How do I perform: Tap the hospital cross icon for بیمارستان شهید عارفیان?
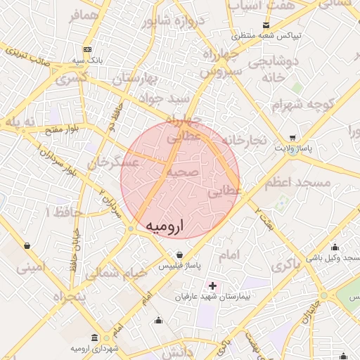(x=212, y=285)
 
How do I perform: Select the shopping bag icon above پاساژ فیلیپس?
(x=181, y=255)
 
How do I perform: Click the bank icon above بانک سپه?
(x=87, y=50)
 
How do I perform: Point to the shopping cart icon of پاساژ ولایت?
(x=292, y=138)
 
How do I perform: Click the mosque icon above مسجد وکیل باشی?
(x=334, y=247)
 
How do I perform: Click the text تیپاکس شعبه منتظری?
(x=268, y=34)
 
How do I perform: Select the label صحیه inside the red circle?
(x=184, y=172)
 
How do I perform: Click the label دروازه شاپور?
(x=174, y=21)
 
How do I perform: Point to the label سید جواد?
(x=166, y=98)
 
